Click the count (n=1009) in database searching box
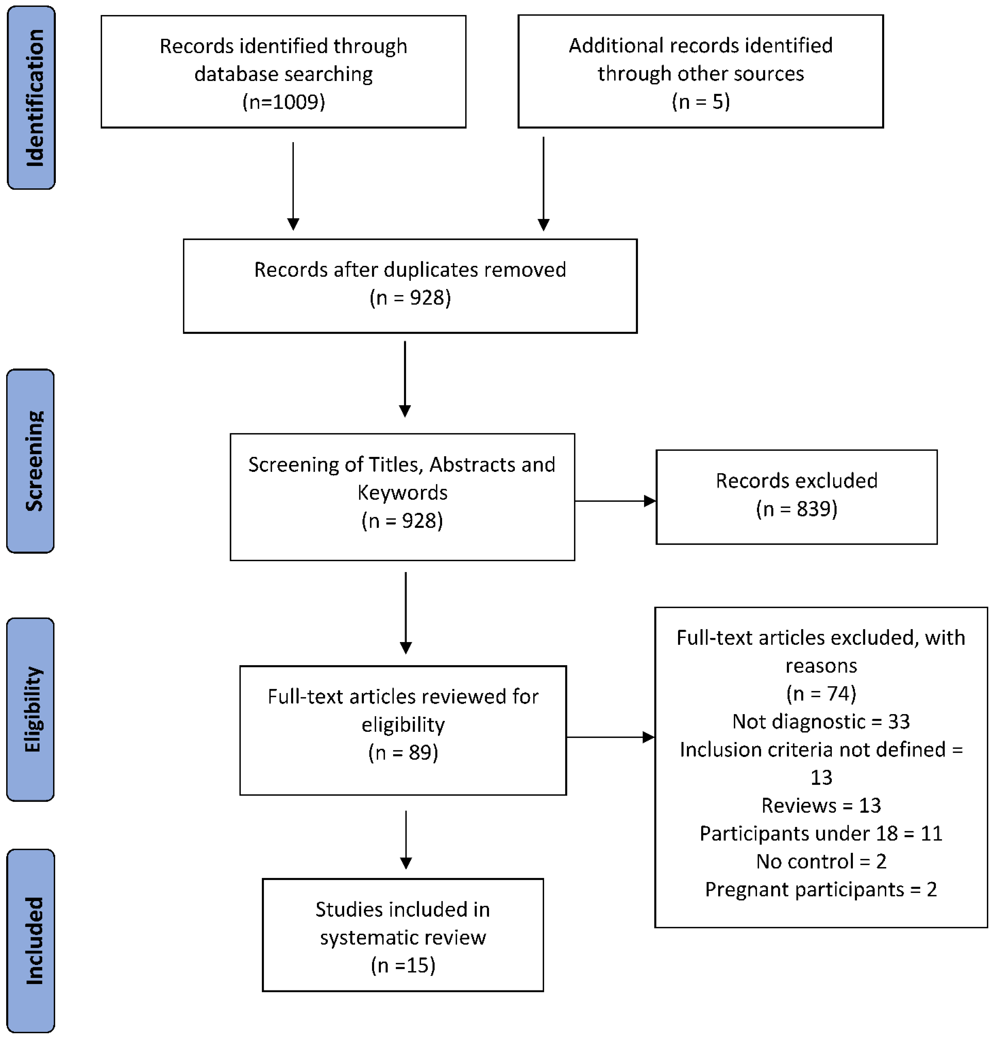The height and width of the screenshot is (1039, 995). coord(284,101)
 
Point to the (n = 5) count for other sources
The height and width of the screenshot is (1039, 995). coord(700,101)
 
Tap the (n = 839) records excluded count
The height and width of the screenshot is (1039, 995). coord(796,508)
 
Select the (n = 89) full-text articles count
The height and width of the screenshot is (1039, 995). coord(403,752)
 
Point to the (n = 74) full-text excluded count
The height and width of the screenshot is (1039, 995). coord(821,693)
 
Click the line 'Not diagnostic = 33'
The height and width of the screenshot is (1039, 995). coord(821,722)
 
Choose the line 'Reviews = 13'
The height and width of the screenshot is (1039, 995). coord(821,805)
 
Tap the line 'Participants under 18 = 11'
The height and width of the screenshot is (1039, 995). coord(821,833)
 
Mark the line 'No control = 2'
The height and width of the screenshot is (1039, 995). coord(821,861)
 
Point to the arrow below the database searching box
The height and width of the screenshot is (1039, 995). coord(293,185)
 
